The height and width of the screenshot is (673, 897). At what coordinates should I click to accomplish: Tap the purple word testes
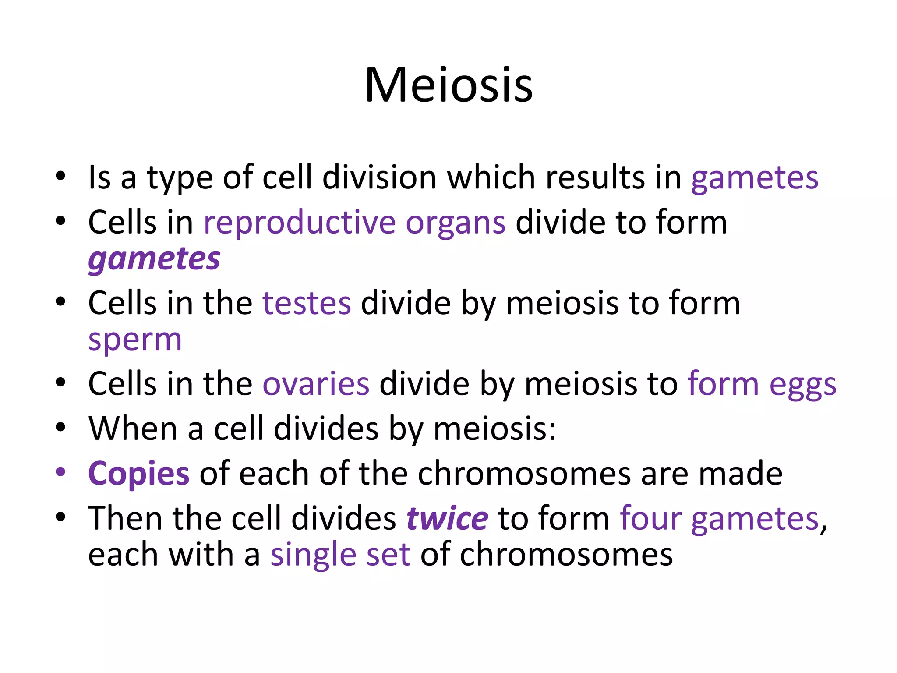click(307, 303)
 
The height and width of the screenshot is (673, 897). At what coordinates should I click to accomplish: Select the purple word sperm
click(135, 340)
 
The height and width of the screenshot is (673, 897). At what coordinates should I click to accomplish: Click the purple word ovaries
click(316, 384)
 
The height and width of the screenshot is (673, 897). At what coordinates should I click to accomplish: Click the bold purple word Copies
click(139, 474)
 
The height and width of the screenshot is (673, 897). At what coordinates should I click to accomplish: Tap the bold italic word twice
click(447, 518)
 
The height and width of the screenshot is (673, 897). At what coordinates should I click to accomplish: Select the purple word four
click(650, 518)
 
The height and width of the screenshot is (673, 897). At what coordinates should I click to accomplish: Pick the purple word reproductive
click(300, 223)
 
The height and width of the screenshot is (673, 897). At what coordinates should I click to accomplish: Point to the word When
click(133, 429)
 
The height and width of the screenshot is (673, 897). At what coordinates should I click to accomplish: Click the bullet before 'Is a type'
click(60, 176)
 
